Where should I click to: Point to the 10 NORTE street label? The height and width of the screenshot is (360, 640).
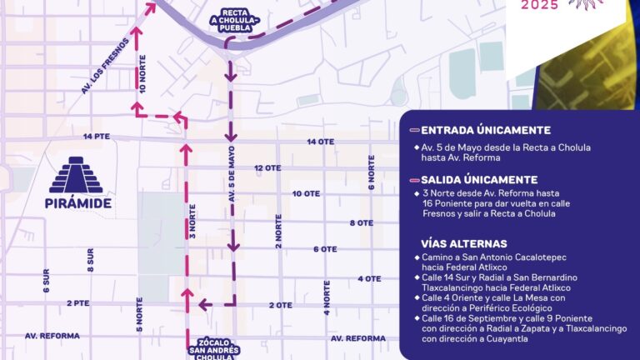[x=143, y=77]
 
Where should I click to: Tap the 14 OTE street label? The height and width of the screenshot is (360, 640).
[x=320, y=142]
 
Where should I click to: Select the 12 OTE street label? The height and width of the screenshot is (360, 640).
[x=267, y=167]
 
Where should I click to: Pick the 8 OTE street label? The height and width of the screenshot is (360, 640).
[x=361, y=222]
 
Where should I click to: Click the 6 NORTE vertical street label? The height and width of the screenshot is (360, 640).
[x=372, y=174]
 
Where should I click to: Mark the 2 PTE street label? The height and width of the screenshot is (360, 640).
[x=77, y=303]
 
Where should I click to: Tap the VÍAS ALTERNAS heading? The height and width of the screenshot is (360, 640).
[x=464, y=243]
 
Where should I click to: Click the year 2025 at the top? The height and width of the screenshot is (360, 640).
[x=540, y=6]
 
